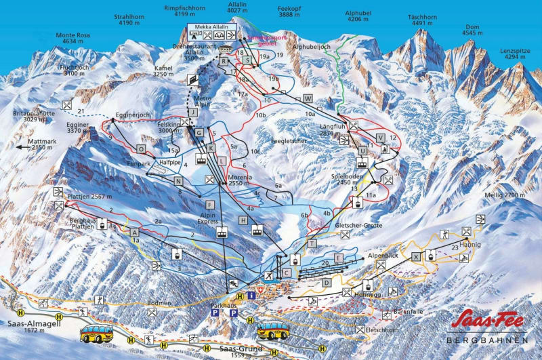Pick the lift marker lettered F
click(211, 205)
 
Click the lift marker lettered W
click(308, 98)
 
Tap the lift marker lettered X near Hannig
click(416, 256)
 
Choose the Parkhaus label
click(224, 306)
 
